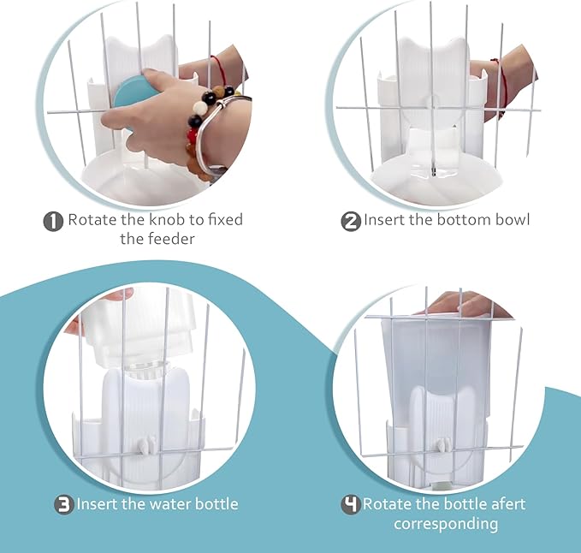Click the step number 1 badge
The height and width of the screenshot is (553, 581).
(53, 221)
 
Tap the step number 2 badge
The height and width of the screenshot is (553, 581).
(351, 221)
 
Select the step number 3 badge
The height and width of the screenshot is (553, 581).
(64, 504)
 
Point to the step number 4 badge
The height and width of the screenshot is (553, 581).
(351, 504)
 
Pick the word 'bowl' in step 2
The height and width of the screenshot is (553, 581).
(513, 220)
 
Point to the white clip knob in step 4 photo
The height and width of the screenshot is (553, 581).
(442, 445)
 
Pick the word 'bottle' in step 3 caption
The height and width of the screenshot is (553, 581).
(215, 504)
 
